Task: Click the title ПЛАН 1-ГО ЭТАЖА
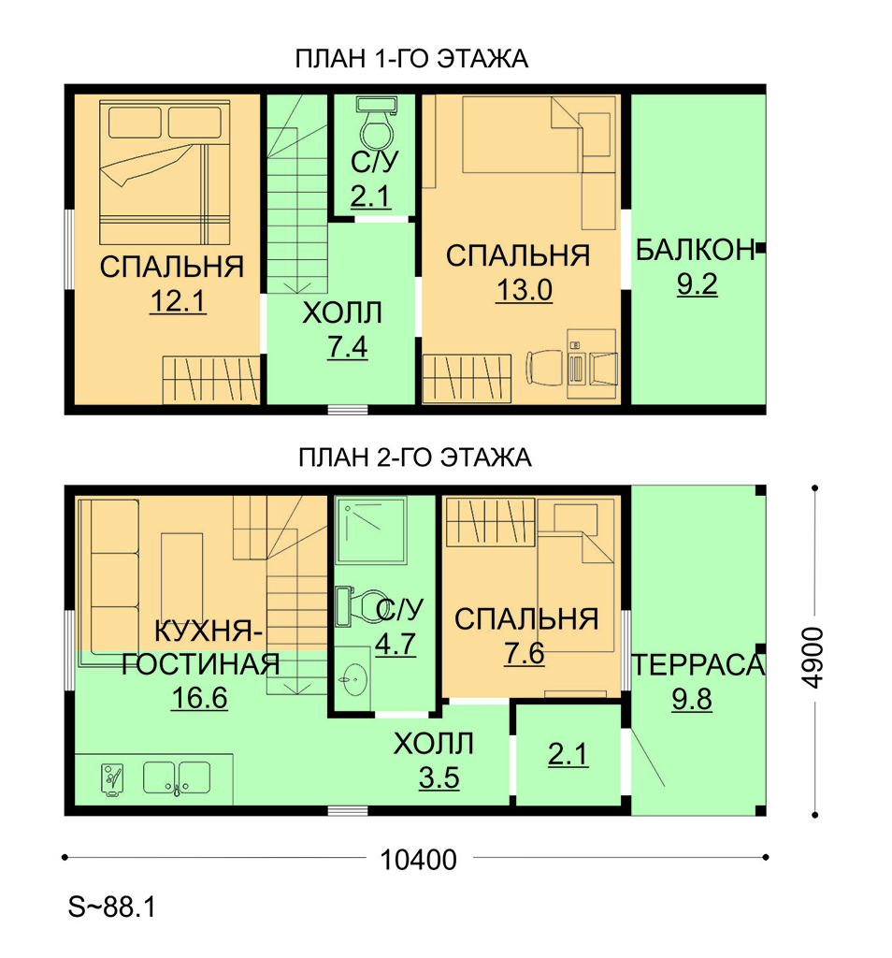point(411,59)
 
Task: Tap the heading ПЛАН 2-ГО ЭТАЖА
point(414,457)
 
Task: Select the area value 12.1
point(178,301)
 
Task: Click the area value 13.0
point(524,290)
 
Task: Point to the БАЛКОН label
point(695,251)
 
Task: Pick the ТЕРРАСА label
point(698,665)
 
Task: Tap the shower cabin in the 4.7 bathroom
point(370,530)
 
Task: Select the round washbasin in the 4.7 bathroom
point(353,677)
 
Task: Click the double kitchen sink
point(177,777)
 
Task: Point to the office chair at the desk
point(544,368)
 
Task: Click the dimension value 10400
point(418,861)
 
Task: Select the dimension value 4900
point(813,658)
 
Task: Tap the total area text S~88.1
point(111,907)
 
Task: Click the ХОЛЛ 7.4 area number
point(348,347)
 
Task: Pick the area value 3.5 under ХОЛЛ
point(439,777)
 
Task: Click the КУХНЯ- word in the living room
point(209,631)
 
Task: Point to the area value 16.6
point(199,698)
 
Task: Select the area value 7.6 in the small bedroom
point(524,653)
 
